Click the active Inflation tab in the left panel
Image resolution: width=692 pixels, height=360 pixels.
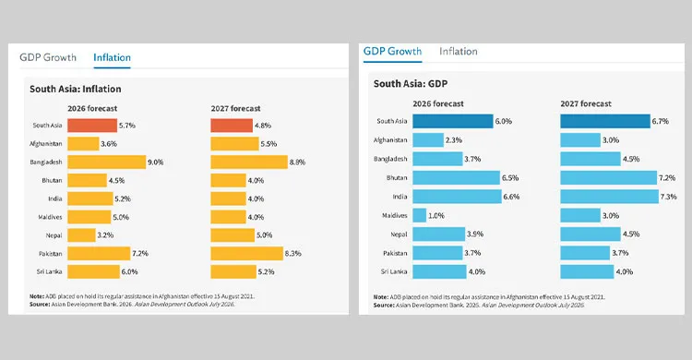pyautogui.click(x=112, y=57)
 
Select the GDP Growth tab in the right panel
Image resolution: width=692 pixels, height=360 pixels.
pyautogui.click(x=392, y=52)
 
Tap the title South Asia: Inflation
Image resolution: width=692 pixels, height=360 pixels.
pyautogui.click(x=76, y=89)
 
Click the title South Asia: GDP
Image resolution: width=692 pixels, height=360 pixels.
pyautogui.click(x=411, y=83)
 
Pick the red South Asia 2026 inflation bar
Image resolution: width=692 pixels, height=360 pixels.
pyautogui.click(x=92, y=126)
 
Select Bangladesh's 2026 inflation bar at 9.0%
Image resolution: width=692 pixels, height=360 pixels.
pyautogui.click(x=107, y=162)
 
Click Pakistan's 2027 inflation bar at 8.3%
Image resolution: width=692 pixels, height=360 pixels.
pyautogui.click(x=246, y=254)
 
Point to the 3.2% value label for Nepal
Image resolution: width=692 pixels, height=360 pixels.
pyautogui.click(x=105, y=235)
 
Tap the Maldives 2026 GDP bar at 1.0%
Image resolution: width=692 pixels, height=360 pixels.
pyautogui.click(x=420, y=216)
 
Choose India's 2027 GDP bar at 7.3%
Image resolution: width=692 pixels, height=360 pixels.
pyautogui.click(x=610, y=197)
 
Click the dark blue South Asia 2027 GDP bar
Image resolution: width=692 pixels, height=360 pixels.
pyautogui.click(x=605, y=121)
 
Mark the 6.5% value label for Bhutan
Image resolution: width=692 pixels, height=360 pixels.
pyautogui.click(x=510, y=178)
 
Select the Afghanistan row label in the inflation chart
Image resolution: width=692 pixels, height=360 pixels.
pyautogui.click(x=46, y=144)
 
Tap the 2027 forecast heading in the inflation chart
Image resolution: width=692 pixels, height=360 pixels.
pyautogui.click(x=235, y=109)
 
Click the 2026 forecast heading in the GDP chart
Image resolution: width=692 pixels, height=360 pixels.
pyautogui.click(x=438, y=103)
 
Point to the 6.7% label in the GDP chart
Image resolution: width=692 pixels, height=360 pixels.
pyautogui.click(x=661, y=121)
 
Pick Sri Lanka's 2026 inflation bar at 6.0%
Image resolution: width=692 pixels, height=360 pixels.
pyautogui.click(x=93, y=271)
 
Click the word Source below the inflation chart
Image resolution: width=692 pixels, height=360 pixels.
pyautogui.click(x=40, y=305)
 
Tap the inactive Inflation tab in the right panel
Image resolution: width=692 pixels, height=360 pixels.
pyautogui.click(x=458, y=52)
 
